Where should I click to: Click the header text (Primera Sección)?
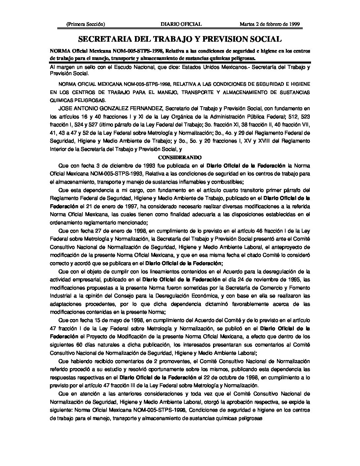pyautogui.click(x=86, y=24)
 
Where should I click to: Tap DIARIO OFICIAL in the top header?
pyautogui.click(x=181, y=24)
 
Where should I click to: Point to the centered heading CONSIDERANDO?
pyautogui.click(x=180, y=157)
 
